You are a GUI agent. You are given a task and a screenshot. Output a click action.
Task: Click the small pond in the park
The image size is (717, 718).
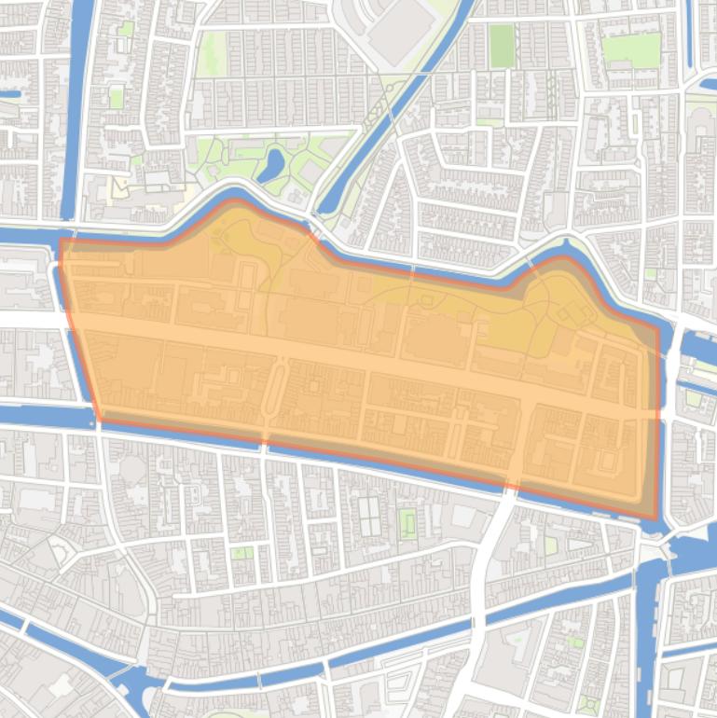(271, 165)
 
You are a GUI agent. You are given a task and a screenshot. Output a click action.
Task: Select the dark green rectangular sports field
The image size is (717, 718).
(502, 46)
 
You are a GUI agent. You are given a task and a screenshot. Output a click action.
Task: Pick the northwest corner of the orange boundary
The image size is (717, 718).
(62, 241)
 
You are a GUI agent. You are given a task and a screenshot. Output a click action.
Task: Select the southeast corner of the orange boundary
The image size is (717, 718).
(658, 519)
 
